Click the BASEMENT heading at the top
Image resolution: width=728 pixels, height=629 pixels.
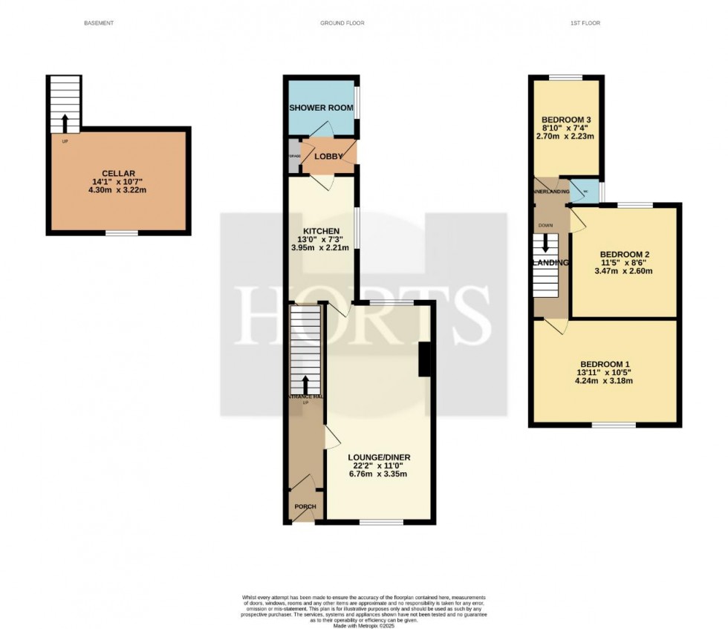[98, 24]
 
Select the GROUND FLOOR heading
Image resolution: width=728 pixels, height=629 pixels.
[342, 24]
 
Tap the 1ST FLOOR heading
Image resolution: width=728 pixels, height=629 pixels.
[585, 24]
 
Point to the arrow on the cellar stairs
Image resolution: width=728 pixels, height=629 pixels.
[65, 122]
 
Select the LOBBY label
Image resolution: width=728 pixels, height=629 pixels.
[328, 157]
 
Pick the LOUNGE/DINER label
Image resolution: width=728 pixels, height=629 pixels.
[378, 457]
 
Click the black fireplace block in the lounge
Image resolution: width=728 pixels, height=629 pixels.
[425, 359]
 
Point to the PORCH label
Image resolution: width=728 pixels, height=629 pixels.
[305, 507]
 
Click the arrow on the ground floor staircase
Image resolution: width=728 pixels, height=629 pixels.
[305, 384]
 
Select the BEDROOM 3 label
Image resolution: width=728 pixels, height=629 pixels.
[566, 120]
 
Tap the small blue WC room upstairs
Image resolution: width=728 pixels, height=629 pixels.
[584, 190]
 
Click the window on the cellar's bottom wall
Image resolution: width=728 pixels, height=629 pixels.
[121, 234]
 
